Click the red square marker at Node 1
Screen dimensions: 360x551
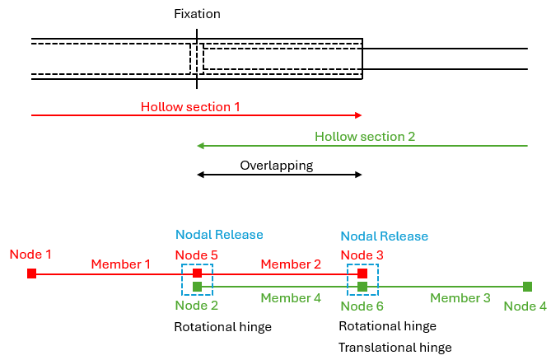pyautogui.click(x=31, y=274)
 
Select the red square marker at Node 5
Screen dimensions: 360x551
pyautogui.click(x=197, y=274)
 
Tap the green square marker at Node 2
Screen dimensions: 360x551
pyautogui.click(x=197, y=287)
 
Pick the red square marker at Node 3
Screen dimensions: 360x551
pyautogui.click(x=362, y=274)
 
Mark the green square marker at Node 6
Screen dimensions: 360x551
pyautogui.click(x=362, y=287)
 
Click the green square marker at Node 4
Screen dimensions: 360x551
pyautogui.click(x=527, y=287)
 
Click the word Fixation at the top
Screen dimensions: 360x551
pyautogui.click(x=197, y=14)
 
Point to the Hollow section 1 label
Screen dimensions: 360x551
pyautogui.click(x=190, y=107)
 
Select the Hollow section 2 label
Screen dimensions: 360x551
pyautogui.click(x=365, y=137)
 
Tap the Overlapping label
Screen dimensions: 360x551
pyautogui.click(x=277, y=166)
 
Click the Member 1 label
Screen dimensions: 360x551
pyautogui.click(x=121, y=264)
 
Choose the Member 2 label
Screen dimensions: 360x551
pyautogui.click(x=291, y=264)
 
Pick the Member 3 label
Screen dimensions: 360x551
pyautogui.click(x=460, y=297)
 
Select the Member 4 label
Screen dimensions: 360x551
pyautogui.click(x=291, y=297)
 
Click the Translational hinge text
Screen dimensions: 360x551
pyautogui.click(x=395, y=348)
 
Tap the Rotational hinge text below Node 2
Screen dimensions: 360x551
pyautogui.click(x=222, y=327)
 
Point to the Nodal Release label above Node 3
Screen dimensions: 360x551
pyautogui.click(x=384, y=236)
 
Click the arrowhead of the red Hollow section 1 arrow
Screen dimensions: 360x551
pyautogui.click(x=358, y=116)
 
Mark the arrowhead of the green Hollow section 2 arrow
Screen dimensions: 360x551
pyautogui.click(x=201, y=146)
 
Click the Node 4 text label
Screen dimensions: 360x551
pyautogui.click(x=525, y=306)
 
